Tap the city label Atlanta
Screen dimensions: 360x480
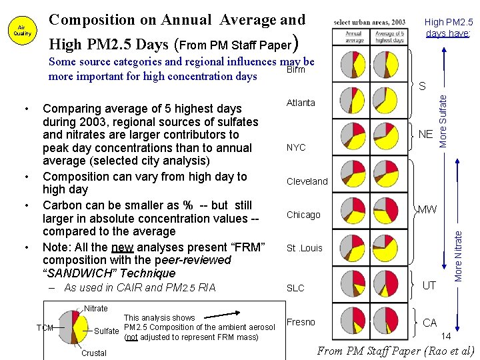(301, 103)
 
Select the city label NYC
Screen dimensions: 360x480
(296, 147)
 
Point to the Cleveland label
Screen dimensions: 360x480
(307, 181)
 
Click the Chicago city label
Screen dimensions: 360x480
(303, 215)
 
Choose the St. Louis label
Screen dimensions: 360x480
(305, 248)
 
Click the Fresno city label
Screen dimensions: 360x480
(301, 322)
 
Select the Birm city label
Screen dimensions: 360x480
(295, 69)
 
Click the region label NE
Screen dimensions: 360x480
(426, 135)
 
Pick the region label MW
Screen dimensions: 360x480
(427, 209)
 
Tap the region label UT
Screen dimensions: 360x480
(430, 285)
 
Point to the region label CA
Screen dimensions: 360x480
(430, 323)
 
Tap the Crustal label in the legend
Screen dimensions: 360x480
(93, 353)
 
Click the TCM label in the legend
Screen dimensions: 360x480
(45, 327)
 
